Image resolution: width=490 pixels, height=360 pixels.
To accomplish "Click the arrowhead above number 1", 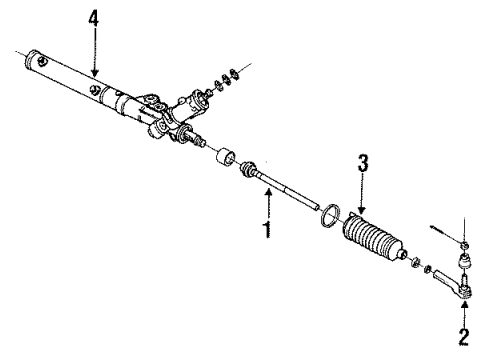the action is [267, 196].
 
